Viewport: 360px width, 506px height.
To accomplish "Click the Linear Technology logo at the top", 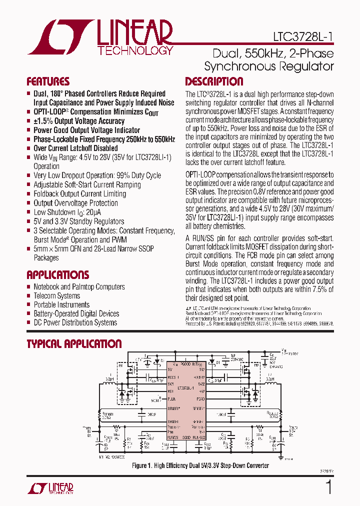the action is [100, 37].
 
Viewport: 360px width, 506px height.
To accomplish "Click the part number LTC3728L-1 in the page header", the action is [303, 36].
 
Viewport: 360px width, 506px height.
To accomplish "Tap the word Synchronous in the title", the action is [236, 66].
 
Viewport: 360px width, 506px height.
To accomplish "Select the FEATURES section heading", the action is [48, 81].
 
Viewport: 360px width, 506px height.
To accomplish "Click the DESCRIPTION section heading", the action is [214, 81].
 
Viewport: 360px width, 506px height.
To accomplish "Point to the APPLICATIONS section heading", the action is [57, 274].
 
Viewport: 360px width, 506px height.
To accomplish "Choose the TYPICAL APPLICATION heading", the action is [74, 343].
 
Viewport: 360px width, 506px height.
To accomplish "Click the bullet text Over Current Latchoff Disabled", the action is [75, 148].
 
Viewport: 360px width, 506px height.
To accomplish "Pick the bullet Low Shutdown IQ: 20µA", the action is [64, 212].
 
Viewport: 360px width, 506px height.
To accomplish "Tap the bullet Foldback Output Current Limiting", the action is [79, 193].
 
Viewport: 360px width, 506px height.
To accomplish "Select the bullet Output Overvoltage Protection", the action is [75, 203].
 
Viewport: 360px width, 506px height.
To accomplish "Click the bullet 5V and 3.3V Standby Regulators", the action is [78, 221].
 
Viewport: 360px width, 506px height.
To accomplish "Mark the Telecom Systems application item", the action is [56, 295].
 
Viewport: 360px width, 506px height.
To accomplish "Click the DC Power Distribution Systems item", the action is [75, 322].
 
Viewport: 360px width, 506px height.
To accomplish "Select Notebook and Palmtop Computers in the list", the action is [79, 286].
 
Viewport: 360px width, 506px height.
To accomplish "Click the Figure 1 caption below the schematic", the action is [200, 465].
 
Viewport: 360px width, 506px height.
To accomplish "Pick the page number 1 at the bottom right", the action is [328, 487].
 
